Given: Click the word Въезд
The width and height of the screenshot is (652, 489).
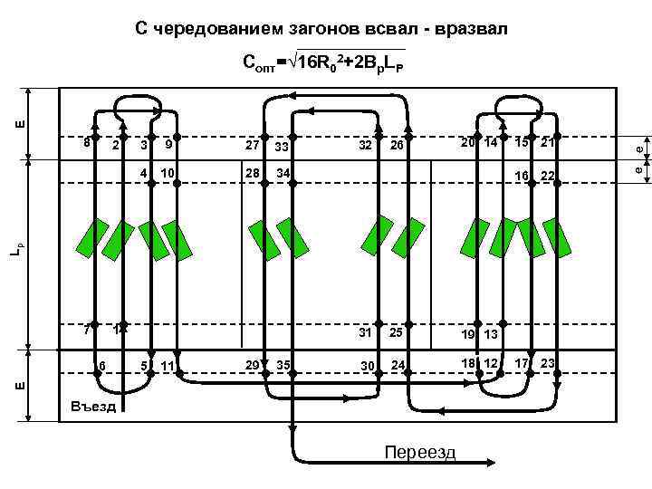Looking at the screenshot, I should coord(92,407).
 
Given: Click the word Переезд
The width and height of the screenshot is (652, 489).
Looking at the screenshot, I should coord(419,453).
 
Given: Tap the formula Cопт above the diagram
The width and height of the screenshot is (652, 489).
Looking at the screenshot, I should coord(323,62).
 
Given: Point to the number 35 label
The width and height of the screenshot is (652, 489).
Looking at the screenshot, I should coord(283,365).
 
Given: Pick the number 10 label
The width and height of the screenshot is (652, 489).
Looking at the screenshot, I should coord(168,173).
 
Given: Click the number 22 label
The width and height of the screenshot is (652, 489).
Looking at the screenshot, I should coord(547,175).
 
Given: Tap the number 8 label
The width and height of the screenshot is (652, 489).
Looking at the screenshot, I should coord(85,141).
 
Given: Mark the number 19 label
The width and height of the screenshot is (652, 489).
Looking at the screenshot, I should coord(469,334).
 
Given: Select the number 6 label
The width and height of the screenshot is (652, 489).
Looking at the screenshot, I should coord(102,364).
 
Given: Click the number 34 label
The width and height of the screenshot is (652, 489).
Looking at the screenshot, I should coord(283,173).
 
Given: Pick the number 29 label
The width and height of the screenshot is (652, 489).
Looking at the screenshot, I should coord(253,364).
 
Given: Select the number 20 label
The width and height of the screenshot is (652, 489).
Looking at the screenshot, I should coord(467,142).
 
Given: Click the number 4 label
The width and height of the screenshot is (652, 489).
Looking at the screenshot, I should coord(144,172).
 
